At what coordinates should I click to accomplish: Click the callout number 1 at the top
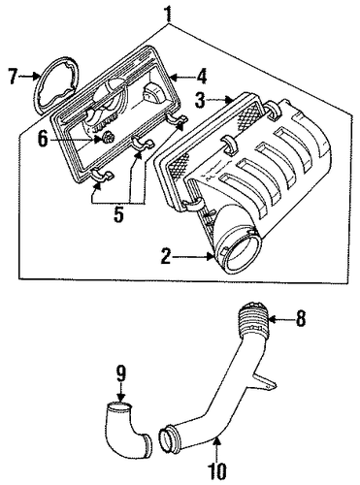(x=167, y=12)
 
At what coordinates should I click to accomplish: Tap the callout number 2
(x=166, y=257)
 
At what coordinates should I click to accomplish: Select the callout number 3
(x=200, y=100)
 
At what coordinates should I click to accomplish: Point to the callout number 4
(x=201, y=77)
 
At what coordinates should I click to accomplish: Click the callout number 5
(x=118, y=213)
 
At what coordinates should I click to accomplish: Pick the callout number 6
(x=43, y=140)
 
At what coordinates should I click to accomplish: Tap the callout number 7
(x=13, y=77)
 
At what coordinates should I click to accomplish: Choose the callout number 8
(x=301, y=319)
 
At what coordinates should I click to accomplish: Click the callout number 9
(x=120, y=375)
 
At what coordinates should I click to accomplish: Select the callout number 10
(x=216, y=471)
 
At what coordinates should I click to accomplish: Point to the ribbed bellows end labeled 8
(x=253, y=319)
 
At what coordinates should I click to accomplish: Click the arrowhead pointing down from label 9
(x=120, y=397)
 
